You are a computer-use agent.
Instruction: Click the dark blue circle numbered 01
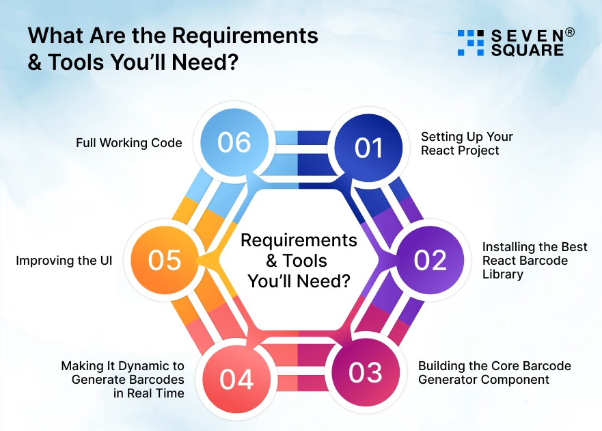pyautogui.click(x=368, y=148)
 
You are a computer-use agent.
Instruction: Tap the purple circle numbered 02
pyautogui.click(x=430, y=260)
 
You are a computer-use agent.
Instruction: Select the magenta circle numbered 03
pyautogui.click(x=365, y=373)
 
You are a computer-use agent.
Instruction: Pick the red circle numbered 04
pyautogui.click(x=236, y=379)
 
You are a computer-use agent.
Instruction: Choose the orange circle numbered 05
pyautogui.click(x=164, y=260)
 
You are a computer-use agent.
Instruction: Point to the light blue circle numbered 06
pyautogui.click(x=234, y=142)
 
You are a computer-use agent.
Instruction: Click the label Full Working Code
pyautogui.click(x=129, y=143)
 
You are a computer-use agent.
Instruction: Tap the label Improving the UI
pyautogui.click(x=64, y=261)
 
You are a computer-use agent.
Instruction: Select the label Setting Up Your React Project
pyautogui.click(x=467, y=144)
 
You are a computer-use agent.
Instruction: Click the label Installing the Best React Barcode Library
pyautogui.click(x=535, y=260)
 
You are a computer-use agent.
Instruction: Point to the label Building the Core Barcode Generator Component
pyautogui.click(x=495, y=373)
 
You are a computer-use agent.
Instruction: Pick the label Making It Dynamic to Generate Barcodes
pyautogui.click(x=122, y=373)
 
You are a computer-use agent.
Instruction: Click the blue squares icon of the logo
pyautogui.click(x=471, y=42)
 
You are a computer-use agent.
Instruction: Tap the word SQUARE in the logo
pyautogui.click(x=528, y=50)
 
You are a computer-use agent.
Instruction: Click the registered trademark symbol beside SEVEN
pyautogui.click(x=570, y=33)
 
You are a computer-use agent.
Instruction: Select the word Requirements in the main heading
pyautogui.click(x=245, y=36)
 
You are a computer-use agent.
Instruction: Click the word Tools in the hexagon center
pyautogui.click(x=305, y=261)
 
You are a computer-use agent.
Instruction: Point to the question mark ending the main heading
pyautogui.click(x=232, y=62)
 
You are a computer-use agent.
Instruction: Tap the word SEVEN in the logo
pyautogui.click(x=528, y=36)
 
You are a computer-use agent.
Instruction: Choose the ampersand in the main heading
pyautogui.click(x=35, y=62)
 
